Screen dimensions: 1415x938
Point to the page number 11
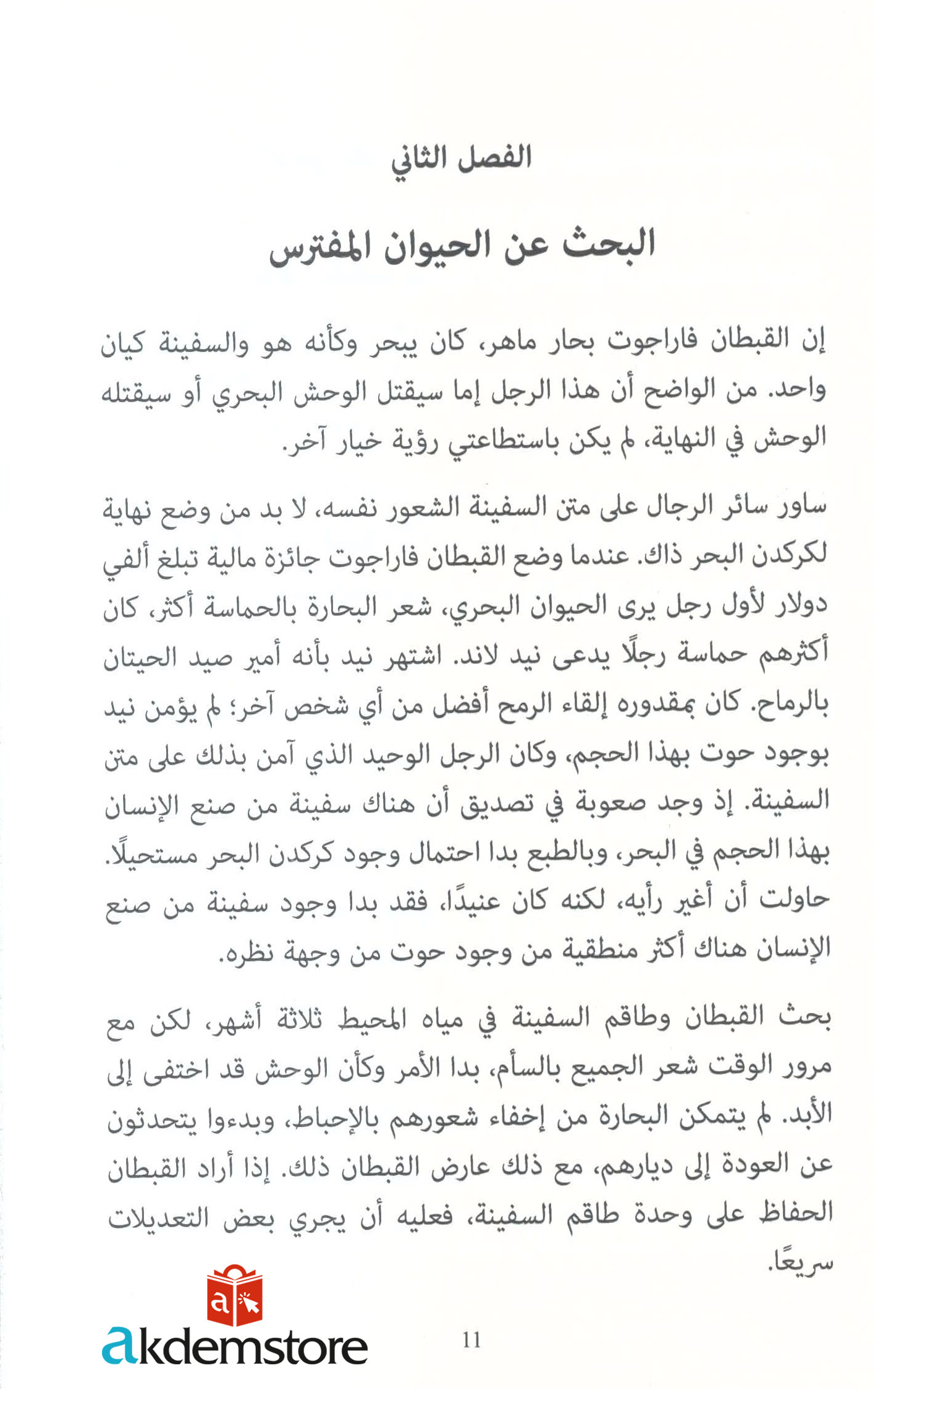point(471,1340)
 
